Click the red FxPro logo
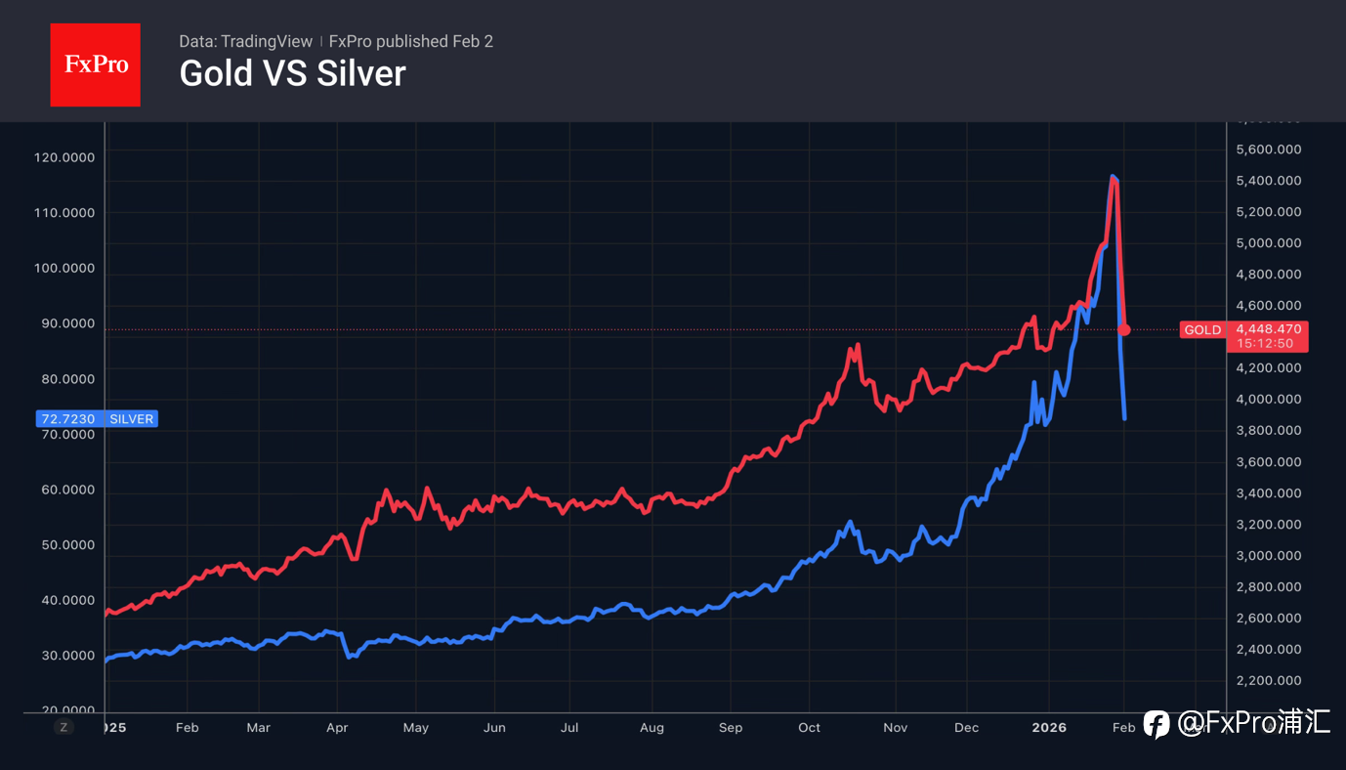tap(95, 64)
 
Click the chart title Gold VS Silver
tap(292, 73)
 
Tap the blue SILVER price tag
tap(96, 419)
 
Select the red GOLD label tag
tap(1202, 330)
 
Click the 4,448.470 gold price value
tap(1268, 329)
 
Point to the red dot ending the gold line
tap(1124, 330)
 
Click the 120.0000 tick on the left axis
tap(64, 157)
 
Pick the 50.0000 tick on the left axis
tap(64, 544)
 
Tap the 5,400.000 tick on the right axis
tap(1268, 181)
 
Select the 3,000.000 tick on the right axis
tap(1268, 556)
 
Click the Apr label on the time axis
tap(336, 728)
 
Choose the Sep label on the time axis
tap(730, 728)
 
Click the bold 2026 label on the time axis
tap(1049, 728)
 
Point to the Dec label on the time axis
tap(965, 728)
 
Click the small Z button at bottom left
tap(63, 727)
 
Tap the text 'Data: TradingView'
tap(245, 41)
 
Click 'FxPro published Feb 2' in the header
tap(410, 41)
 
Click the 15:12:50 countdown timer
tap(1264, 344)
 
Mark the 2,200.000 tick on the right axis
tap(1268, 681)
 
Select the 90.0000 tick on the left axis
tap(64, 323)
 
